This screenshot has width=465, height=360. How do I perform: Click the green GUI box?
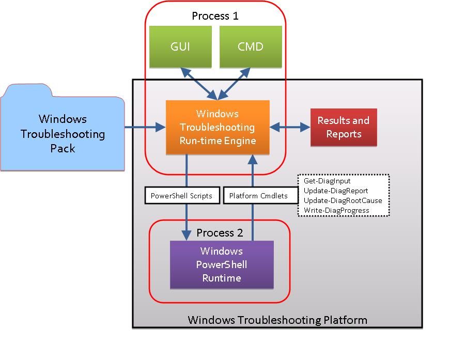[x=180, y=47]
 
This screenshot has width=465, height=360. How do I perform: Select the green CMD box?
[x=251, y=47]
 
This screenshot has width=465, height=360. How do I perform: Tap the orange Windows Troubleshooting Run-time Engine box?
[x=218, y=127]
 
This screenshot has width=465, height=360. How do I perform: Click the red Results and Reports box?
[x=344, y=127]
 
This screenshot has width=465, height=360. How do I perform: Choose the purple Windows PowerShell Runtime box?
[x=222, y=264]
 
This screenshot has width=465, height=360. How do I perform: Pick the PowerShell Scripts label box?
[x=182, y=195]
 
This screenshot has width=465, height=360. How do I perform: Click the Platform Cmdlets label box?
[x=261, y=195]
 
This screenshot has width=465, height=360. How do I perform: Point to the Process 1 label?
[x=215, y=15]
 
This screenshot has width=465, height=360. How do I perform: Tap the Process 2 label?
[x=220, y=233]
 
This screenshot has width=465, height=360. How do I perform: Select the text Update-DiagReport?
[x=336, y=191]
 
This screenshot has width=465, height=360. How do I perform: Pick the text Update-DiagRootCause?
[x=343, y=200]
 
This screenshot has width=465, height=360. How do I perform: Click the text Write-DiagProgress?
[x=336, y=210]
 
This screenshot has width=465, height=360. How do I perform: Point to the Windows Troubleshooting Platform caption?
[x=277, y=320]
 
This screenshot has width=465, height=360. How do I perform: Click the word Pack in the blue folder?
[x=63, y=148]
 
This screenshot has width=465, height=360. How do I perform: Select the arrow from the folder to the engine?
[x=145, y=127]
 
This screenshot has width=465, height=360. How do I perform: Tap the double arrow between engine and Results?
[x=290, y=127]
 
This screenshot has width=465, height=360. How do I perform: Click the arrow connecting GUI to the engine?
[x=199, y=84]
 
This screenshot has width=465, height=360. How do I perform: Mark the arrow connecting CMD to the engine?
[x=234, y=84]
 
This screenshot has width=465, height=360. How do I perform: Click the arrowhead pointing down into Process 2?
[x=186, y=235]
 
